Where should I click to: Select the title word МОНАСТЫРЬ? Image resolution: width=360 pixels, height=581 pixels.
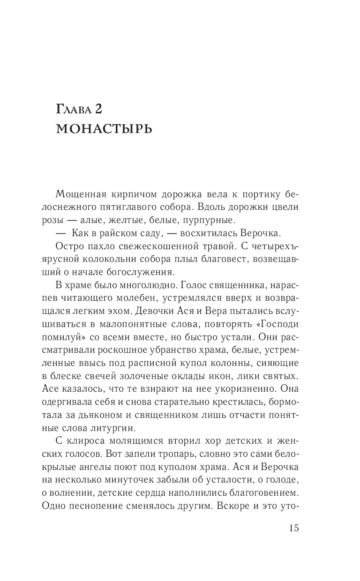(x=104, y=128)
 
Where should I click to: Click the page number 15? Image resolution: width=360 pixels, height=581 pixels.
(x=294, y=529)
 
